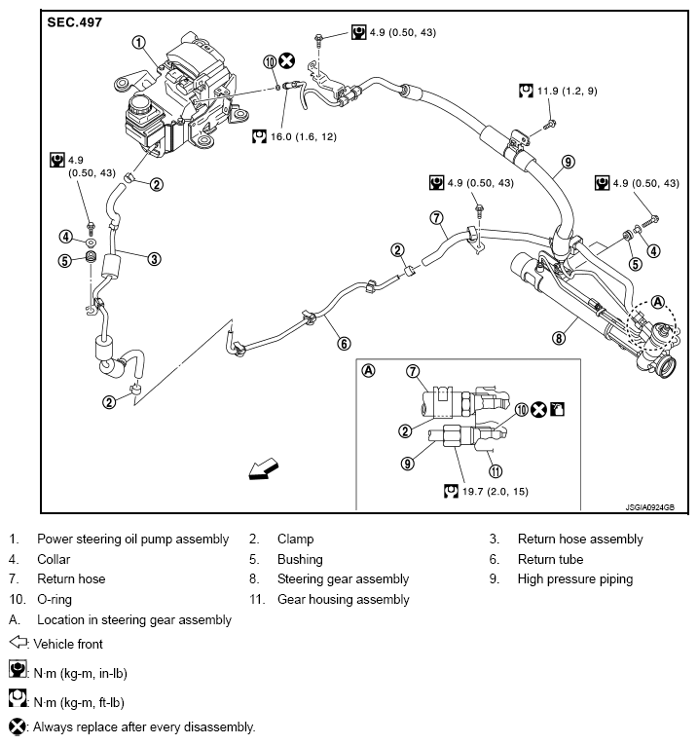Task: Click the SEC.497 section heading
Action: [74, 20]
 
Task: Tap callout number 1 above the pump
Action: [139, 42]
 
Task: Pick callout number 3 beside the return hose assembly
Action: [154, 258]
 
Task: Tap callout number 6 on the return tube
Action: [343, 342]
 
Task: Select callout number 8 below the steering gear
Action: [558, 338]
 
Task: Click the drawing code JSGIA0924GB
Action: [649, 506]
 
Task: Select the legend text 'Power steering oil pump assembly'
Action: [132, 539]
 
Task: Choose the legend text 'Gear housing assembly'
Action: [343, 600]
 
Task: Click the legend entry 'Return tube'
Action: [550, 559]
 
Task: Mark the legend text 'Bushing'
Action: [300, 559]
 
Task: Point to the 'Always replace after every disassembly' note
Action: [144, 726]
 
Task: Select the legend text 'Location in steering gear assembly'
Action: [133, 619]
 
